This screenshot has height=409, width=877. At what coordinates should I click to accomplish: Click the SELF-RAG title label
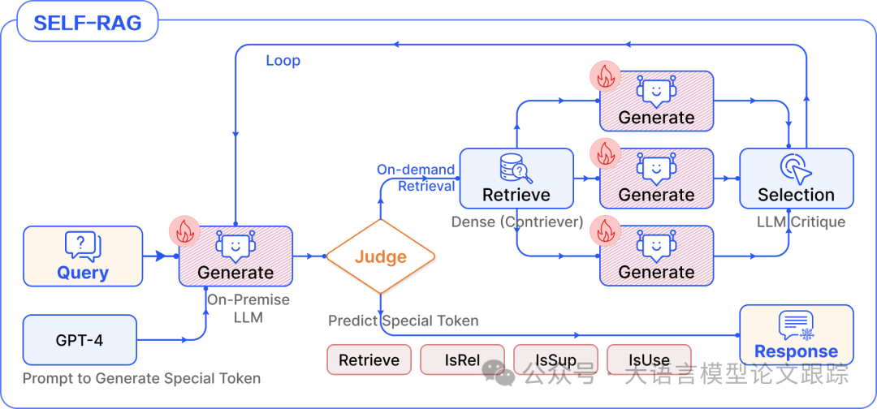click(87, 23)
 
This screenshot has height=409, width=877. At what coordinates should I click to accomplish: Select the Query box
click(83, 256)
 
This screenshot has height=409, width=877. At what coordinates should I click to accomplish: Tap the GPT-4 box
click(80, 340)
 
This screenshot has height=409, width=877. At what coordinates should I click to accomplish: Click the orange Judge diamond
click(380, 256)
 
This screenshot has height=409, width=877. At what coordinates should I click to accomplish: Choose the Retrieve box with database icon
click(516, 179)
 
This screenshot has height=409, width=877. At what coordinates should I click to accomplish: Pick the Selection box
click(797, 179)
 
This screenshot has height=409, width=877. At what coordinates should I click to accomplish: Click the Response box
click(797, 334)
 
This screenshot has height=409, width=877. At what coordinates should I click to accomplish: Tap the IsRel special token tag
click(463, 359)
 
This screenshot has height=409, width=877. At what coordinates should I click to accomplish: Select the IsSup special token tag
click(556, 359)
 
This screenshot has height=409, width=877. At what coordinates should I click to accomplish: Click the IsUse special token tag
click(650, 359)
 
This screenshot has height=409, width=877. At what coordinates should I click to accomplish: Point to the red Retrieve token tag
click(369, 359)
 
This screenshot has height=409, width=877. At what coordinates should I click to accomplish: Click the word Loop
click(283, 60)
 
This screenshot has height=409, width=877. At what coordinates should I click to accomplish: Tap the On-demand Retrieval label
click(416, 178)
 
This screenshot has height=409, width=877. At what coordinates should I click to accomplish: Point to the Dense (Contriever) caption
click(517, 222)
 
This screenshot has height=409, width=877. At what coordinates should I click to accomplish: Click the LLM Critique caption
click(801, 222)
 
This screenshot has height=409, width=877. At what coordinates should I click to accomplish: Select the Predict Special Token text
click(404, 321)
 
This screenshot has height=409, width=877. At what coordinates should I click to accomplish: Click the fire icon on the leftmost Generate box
click(184, 230)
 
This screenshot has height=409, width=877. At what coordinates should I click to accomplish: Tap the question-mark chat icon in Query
click(83, 245)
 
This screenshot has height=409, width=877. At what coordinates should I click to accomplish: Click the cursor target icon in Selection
click(796, 168)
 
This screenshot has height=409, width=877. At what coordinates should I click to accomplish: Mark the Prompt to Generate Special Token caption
click(141, 378)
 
